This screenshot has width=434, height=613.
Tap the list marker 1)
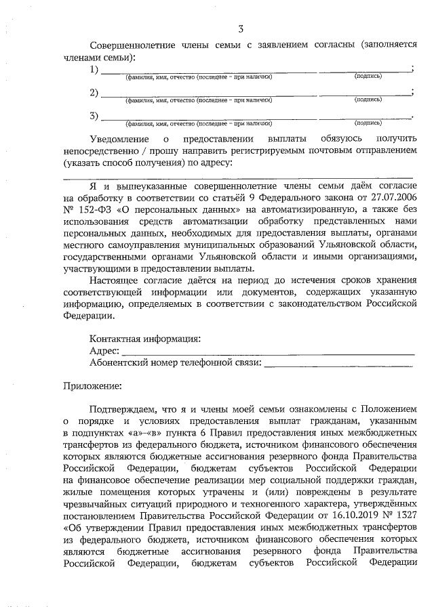95,70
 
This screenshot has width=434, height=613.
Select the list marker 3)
95,116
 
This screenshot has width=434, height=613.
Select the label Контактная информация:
144,339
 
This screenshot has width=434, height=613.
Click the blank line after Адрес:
268,352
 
